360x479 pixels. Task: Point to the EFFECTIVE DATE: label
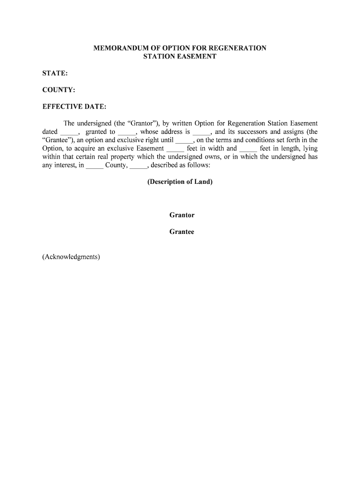[74, 107]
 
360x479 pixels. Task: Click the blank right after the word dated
[66, 133]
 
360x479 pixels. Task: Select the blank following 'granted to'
[125, 133]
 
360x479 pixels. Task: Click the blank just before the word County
[94, 166]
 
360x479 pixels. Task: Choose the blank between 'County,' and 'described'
[138, 166]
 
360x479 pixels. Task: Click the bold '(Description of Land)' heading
[180, 181]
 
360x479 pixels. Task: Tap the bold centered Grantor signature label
[182, 215]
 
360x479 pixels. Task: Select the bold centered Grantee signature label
[182, 232]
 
